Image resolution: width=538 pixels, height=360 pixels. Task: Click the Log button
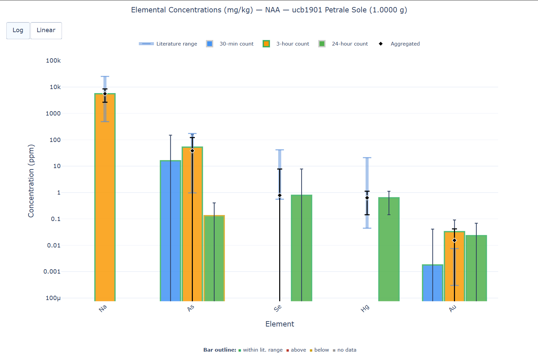click(x=18, y=30)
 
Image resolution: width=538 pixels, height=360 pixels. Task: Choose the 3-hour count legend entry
click(x=286, y=44)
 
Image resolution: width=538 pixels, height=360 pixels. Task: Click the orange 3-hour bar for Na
click(x=105, y=201)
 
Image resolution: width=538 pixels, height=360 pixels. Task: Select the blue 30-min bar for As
click(x=166, y=234)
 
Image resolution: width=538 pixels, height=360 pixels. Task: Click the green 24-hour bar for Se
click(x=306, y=251)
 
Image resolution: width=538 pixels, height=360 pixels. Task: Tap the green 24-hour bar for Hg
click(x=394, y=251)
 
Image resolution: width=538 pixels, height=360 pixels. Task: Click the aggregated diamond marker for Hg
click(x=367, y=198)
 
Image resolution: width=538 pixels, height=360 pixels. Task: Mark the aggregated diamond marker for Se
click(x=280, y=196)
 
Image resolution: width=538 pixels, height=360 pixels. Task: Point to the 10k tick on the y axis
click(x=55, y=87)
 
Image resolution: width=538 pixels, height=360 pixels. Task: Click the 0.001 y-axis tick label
click(x=52, y=272)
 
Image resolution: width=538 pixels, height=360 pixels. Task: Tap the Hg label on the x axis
click(x=365, y=308)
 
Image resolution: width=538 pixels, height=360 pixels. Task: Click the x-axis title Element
click(x=280, y=324)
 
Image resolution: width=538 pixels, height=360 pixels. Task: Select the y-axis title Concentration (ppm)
click(x=31, y=181)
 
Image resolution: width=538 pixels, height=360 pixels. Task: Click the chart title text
click(x=269, y=10)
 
